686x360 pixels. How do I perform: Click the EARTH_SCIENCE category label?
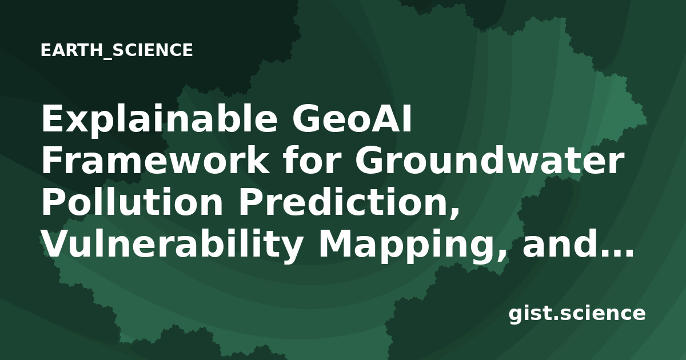pos(117,50)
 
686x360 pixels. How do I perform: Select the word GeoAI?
pos(352,118)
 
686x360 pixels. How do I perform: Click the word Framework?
pos(155,160)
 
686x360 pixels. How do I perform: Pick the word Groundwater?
pos(489,159)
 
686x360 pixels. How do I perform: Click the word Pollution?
pos(132,201)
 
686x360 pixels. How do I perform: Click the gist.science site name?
pos(577,314)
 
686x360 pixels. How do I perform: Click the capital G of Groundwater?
pos(369,160)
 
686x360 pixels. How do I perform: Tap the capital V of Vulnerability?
pos(57,244)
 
